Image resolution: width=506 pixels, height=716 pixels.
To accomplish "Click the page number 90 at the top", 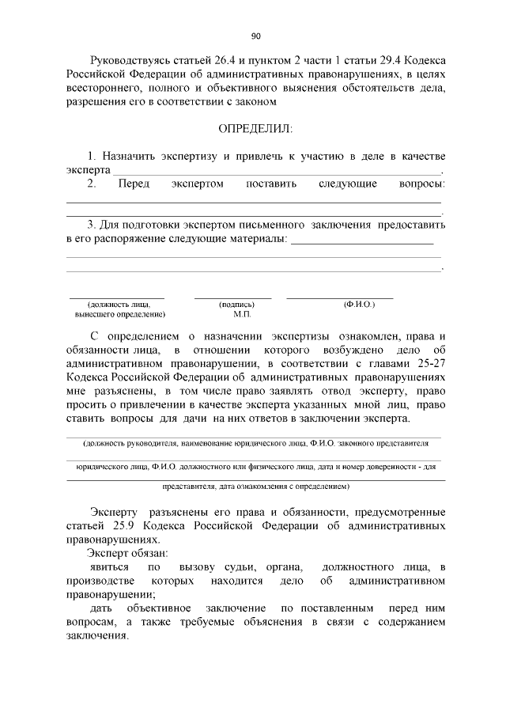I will pos(255,36).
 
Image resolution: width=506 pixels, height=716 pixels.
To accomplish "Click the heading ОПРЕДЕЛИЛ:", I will pos(255,128).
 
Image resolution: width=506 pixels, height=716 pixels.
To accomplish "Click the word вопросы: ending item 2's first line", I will pos(420,184).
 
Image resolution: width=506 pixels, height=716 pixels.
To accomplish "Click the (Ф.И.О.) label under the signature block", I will pos(358,304).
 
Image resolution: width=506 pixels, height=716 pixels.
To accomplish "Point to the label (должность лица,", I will pos(119,304).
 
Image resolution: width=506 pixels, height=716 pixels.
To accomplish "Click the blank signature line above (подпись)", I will pos(232,297).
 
